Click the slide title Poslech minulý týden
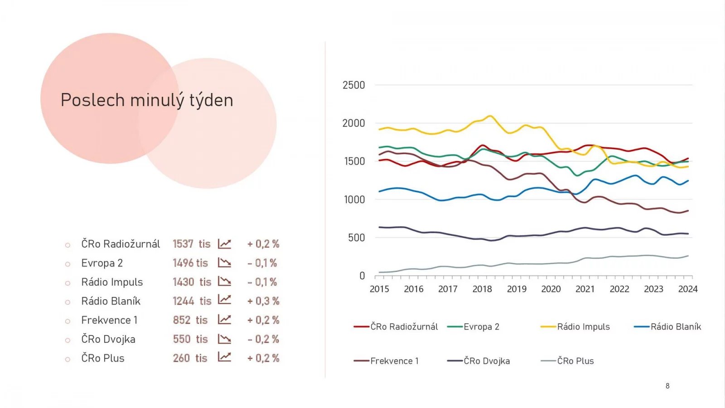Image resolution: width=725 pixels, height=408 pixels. click(147, 100)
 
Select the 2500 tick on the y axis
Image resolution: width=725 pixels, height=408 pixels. click(353, 85)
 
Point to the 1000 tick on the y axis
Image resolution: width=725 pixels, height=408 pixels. click(354, 199)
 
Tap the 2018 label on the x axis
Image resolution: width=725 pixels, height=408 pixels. click(482, 289)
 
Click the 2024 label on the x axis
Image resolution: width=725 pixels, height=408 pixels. click(687, 289)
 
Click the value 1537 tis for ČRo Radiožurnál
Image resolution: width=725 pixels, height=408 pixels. click(191, 244)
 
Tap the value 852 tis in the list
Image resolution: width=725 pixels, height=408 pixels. click(190, 320)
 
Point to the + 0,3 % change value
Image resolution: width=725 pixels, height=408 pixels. click(263, 301)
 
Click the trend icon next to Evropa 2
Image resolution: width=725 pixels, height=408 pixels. click(224, 263)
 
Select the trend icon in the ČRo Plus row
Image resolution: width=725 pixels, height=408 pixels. click(224, 357)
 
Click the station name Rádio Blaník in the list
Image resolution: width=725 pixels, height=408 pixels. click(111, 301)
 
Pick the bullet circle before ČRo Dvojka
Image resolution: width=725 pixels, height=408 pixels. click(68, 340)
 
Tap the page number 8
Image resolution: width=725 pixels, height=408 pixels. click(667, 386)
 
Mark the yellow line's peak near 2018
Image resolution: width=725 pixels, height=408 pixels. click(490, 116)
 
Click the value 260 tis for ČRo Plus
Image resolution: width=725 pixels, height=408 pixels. click(190, 358)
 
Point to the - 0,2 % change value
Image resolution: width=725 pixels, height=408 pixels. click(263, 339)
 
